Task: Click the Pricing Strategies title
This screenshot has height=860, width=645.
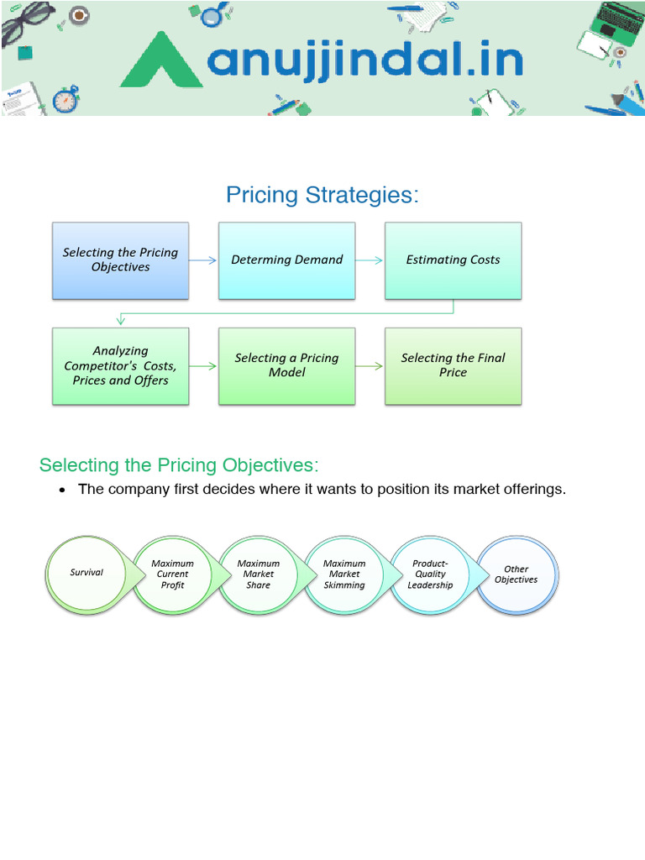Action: click(x=322, y=195)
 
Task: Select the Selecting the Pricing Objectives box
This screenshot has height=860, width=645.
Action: click(x=120, y=260)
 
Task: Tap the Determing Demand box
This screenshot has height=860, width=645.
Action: click(x=286, y=260)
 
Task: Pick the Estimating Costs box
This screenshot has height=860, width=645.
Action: click(x=453, y=260)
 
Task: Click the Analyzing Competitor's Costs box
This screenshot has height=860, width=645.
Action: click(x=120, y=366)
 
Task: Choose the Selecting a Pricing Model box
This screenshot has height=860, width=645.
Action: click(x=286, y=366)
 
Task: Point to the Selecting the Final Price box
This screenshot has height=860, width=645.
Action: click(x=453, y=366)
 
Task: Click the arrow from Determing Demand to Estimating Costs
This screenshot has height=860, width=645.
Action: click(x=370, y=260)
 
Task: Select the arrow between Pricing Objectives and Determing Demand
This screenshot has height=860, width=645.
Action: click(x=203, y=260)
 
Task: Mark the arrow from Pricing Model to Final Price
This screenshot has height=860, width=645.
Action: click(x=370, y=366)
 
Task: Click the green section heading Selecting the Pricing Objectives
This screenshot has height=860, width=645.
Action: click(x=180, y=465)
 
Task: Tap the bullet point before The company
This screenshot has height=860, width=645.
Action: click(x=62, y=490)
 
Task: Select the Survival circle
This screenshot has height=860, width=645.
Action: click(x=86, y=574)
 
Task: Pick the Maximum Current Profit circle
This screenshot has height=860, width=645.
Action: click(x=172, y=574)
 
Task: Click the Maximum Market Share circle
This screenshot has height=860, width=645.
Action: click(x=258, y=574)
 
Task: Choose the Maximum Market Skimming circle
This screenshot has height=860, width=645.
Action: click(x=344, y=574)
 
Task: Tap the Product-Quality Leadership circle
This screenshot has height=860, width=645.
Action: click(x=430, y=574)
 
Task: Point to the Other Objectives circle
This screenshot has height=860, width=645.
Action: click(x=516, y=574)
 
